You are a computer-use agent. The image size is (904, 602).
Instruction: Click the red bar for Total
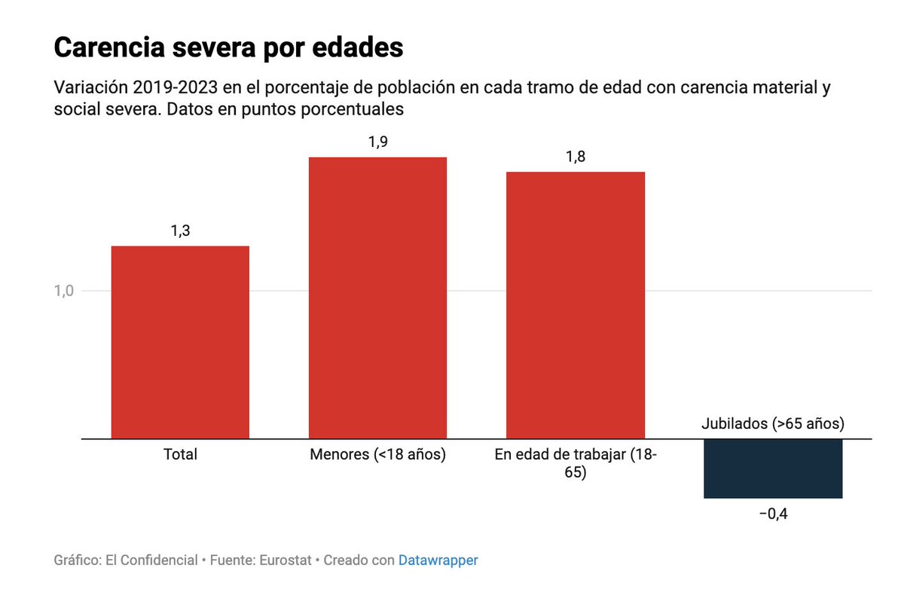pyautogui.click(x=180, y=342)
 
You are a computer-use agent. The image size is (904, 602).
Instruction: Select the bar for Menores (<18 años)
pyautogui.click(x=377, y=298)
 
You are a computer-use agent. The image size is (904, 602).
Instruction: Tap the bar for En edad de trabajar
pyautogui.click(x=575, y=305)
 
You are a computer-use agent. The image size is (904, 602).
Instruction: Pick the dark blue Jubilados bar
pyautogui.click(x=772, y=468)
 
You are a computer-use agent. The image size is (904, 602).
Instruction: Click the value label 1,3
pyautogui.click(x=180, y=231)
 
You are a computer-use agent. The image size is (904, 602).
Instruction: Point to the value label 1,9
pyautogui.click(x=377, y=142)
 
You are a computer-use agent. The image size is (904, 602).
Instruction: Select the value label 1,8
pyautogui.click(x=575, y=157)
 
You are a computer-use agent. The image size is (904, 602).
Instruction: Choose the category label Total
pyautogui.click(x=180, y=454)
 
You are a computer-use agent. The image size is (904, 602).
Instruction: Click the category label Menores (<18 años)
pyautogui.click(x=377, y=454)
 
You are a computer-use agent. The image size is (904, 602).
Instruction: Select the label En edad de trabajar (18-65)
pyautogui.click(x=575, y=463)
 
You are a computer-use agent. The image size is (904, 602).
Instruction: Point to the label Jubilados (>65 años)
pyautogui.click(x=772, y=423)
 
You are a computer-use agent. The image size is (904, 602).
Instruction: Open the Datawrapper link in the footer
pyautogui.click(x=438, y=561)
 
